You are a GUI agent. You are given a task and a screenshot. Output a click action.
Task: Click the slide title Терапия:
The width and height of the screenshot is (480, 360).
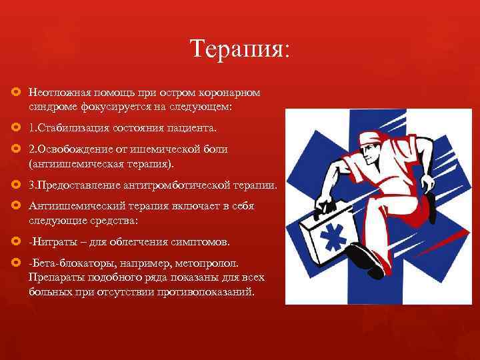click(239, 49)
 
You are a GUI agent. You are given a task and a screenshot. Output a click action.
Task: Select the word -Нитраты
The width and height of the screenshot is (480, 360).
click(50, 241)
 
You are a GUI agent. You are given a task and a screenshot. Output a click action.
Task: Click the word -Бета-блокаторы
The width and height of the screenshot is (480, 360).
click(66, 263)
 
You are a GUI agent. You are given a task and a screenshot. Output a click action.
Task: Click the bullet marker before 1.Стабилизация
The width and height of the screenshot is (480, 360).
click(17, 127)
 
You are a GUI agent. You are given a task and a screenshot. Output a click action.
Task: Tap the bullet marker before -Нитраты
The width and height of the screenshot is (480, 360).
click(17, 241)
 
